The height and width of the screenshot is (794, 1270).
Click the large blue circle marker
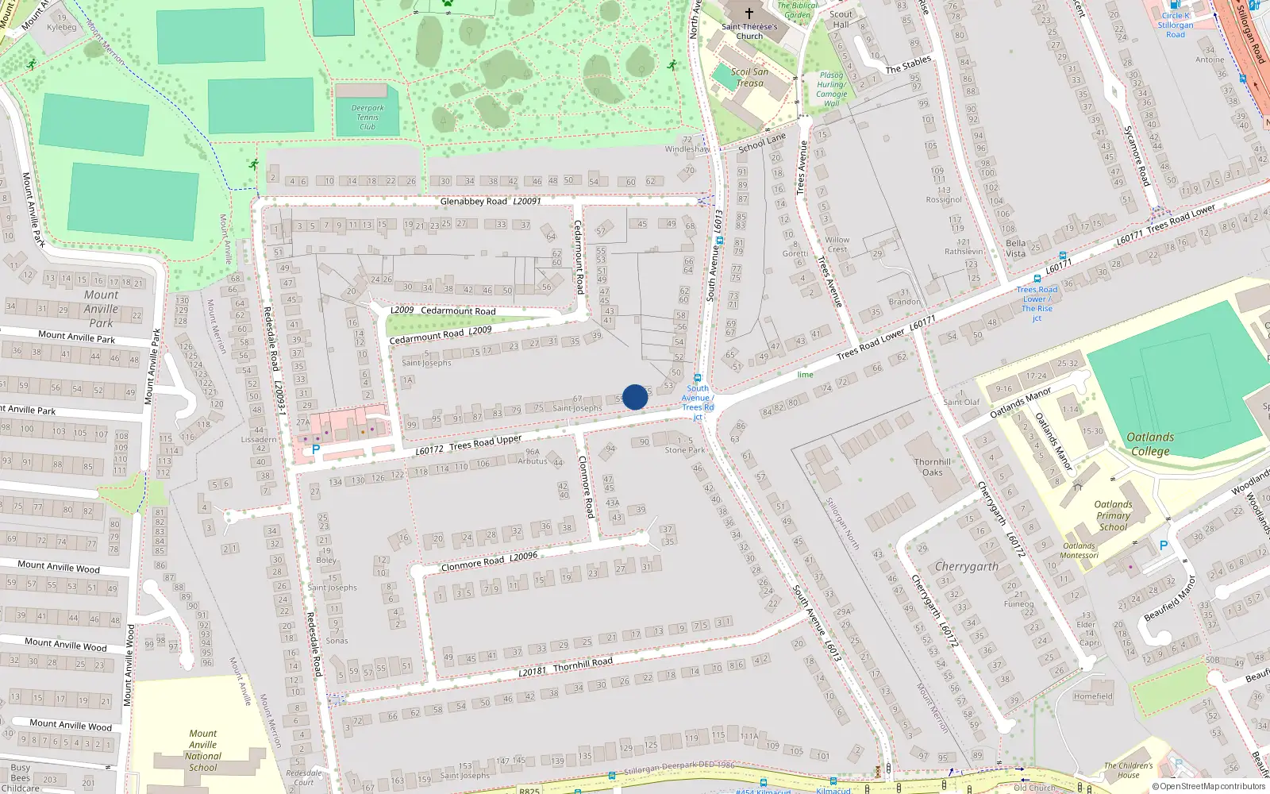[635, 397]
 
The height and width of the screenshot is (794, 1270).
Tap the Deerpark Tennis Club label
[368, 118]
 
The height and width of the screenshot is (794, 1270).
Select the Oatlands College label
[1150, 444]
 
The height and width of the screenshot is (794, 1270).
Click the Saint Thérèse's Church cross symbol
[749, 13]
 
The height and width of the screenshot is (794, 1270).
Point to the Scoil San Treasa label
[749, 77]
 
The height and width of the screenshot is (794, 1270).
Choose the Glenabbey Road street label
[474, 202]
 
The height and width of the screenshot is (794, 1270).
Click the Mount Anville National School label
[203, 750]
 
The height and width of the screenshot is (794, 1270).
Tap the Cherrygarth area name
[966, 567]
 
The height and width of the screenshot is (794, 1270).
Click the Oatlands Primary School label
[1113, 515]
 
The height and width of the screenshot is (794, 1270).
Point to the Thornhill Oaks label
[932, 467]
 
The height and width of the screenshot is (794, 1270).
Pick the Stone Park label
[685, 450]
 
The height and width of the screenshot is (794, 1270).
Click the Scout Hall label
[841, 19]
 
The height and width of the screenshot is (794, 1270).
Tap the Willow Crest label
[837, 244]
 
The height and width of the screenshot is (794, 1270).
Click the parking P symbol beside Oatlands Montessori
[1164, 545]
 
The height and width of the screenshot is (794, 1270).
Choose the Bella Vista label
[1015, 249]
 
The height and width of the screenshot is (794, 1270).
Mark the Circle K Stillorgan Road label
[1176, 25]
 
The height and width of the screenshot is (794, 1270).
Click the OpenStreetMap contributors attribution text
[1209, 786]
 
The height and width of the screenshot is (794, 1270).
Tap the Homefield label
[1093, 696]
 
